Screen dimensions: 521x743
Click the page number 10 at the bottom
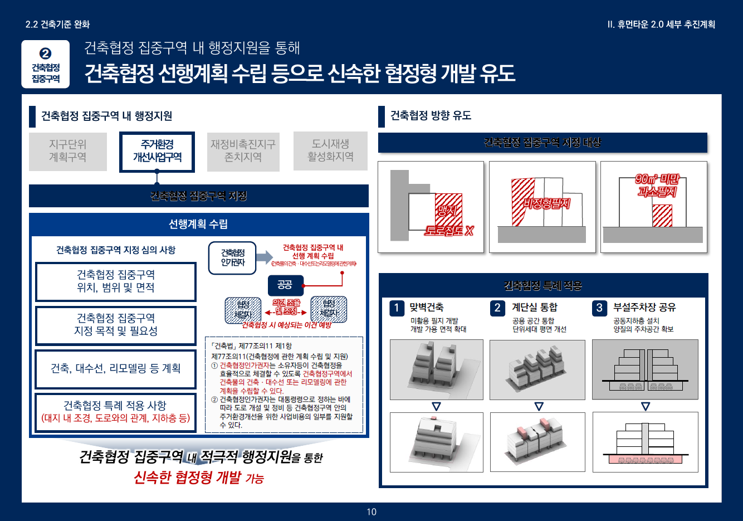(372, 512)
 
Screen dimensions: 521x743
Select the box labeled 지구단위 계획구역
(67, 151)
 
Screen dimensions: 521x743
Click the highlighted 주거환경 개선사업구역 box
(157, 152)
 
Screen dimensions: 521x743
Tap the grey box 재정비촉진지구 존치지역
(243, 151)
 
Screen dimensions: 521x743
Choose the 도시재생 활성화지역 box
(330, 151)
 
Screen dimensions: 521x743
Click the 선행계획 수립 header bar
(198, 224)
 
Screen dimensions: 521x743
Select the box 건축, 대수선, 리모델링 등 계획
(116, 368)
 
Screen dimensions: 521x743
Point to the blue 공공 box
(285, 285)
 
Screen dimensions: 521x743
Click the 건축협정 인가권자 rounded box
(232, 257)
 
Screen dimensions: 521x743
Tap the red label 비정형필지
(546, 203)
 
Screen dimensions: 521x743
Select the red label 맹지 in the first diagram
(447, 211)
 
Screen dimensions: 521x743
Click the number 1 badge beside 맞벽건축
(397, 308)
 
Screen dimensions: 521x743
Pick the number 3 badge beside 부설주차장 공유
(599, 308)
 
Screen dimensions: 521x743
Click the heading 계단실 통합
(534, 307)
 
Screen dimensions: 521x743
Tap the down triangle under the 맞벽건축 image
(436, 407)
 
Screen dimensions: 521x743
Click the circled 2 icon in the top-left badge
(46, 53)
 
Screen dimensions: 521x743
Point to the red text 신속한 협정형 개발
(187, 478)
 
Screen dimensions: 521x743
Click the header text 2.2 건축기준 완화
(57, 25)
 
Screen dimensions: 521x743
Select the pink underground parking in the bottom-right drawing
(644, 460)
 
